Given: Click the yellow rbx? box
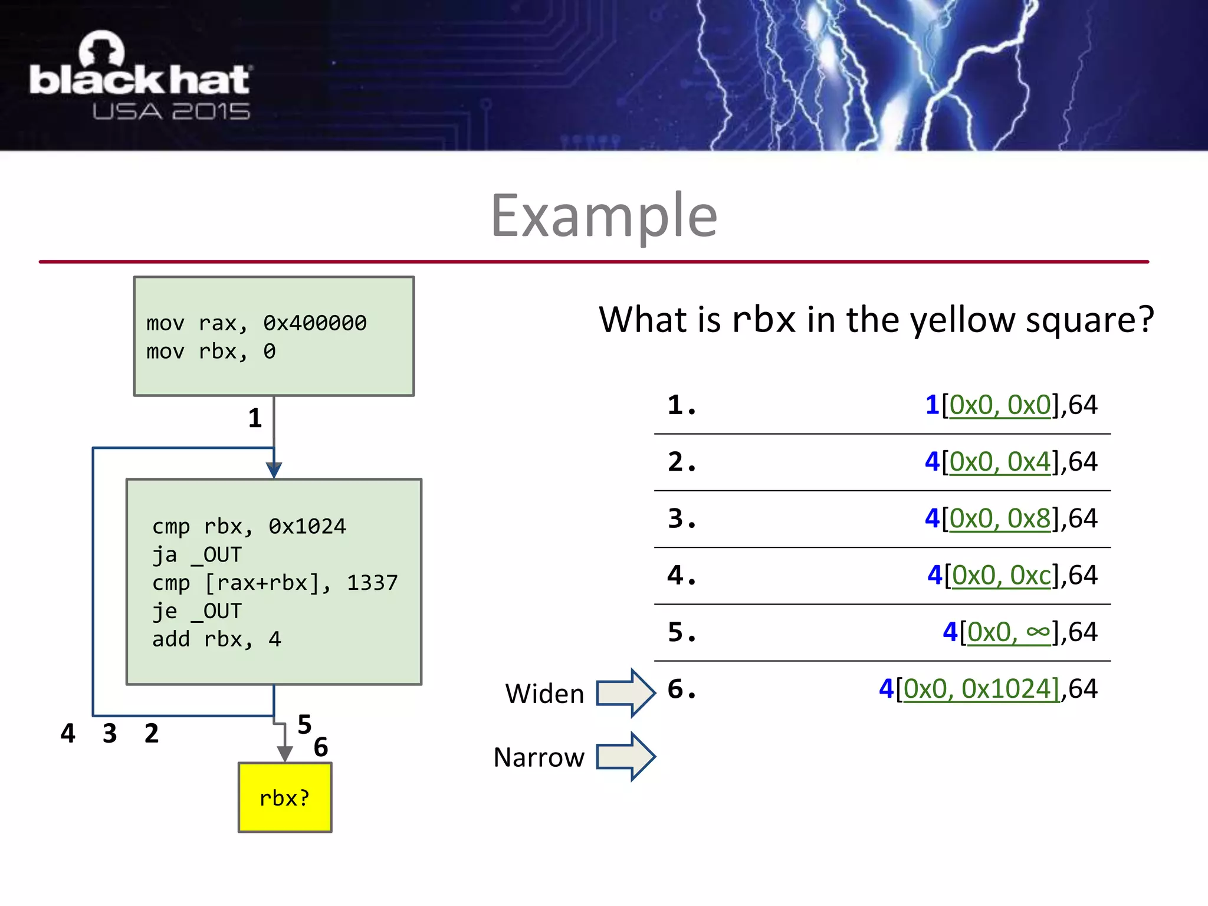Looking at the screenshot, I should tap(285, 797).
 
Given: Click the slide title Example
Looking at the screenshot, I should tap(604, 216).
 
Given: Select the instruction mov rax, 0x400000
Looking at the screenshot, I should tap(256, 323).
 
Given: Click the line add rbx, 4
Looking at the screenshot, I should tap(216, 639).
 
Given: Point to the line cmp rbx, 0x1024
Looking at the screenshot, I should tap(249, 526).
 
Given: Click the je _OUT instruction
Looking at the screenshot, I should tap(197, 611).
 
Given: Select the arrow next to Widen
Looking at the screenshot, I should tap(625, 693).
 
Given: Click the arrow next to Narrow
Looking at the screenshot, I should tap(625, 757).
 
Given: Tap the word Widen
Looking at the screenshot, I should tap(544, 694).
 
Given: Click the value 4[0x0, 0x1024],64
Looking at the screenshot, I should tap(988, 689).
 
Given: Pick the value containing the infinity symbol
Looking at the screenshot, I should tap(1020, 632).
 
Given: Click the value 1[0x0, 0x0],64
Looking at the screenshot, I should tap(1011, 405).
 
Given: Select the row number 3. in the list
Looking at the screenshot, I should tap(682, 518).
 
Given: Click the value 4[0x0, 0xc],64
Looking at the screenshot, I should tap(1012, 575).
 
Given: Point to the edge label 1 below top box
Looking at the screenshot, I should tap(255, 419).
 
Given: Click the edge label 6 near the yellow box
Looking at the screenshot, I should tap(321, 747).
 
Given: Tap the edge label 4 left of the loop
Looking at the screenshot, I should tap(68, 734).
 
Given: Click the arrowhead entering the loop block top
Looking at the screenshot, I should tap(274, 470).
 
